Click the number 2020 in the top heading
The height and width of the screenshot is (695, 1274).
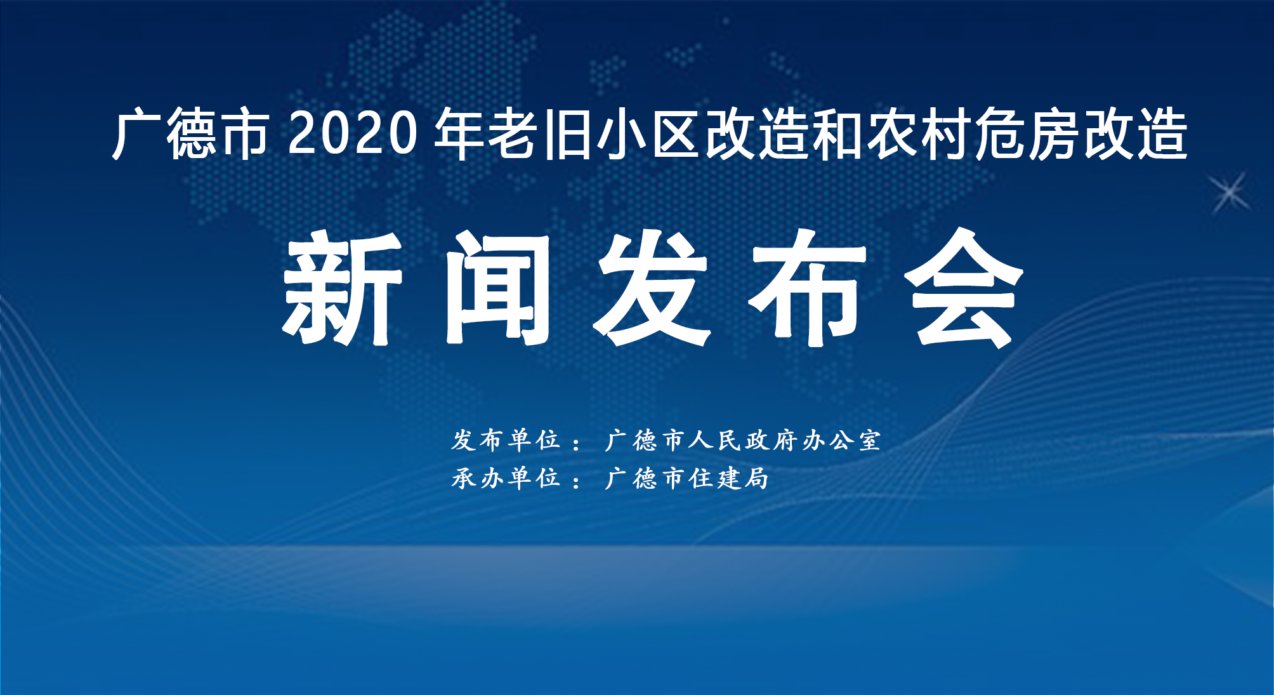click(x=353, y=133)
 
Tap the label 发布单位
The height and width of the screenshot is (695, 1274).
click(x=506, y=440)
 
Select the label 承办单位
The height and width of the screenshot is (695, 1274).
click(x=506, y=478)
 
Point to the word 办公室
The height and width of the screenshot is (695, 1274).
click(x=841, y=440)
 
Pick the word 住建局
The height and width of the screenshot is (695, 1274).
click(x=730, y=478)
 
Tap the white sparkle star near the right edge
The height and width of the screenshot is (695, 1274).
click(x=1230, y=192)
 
